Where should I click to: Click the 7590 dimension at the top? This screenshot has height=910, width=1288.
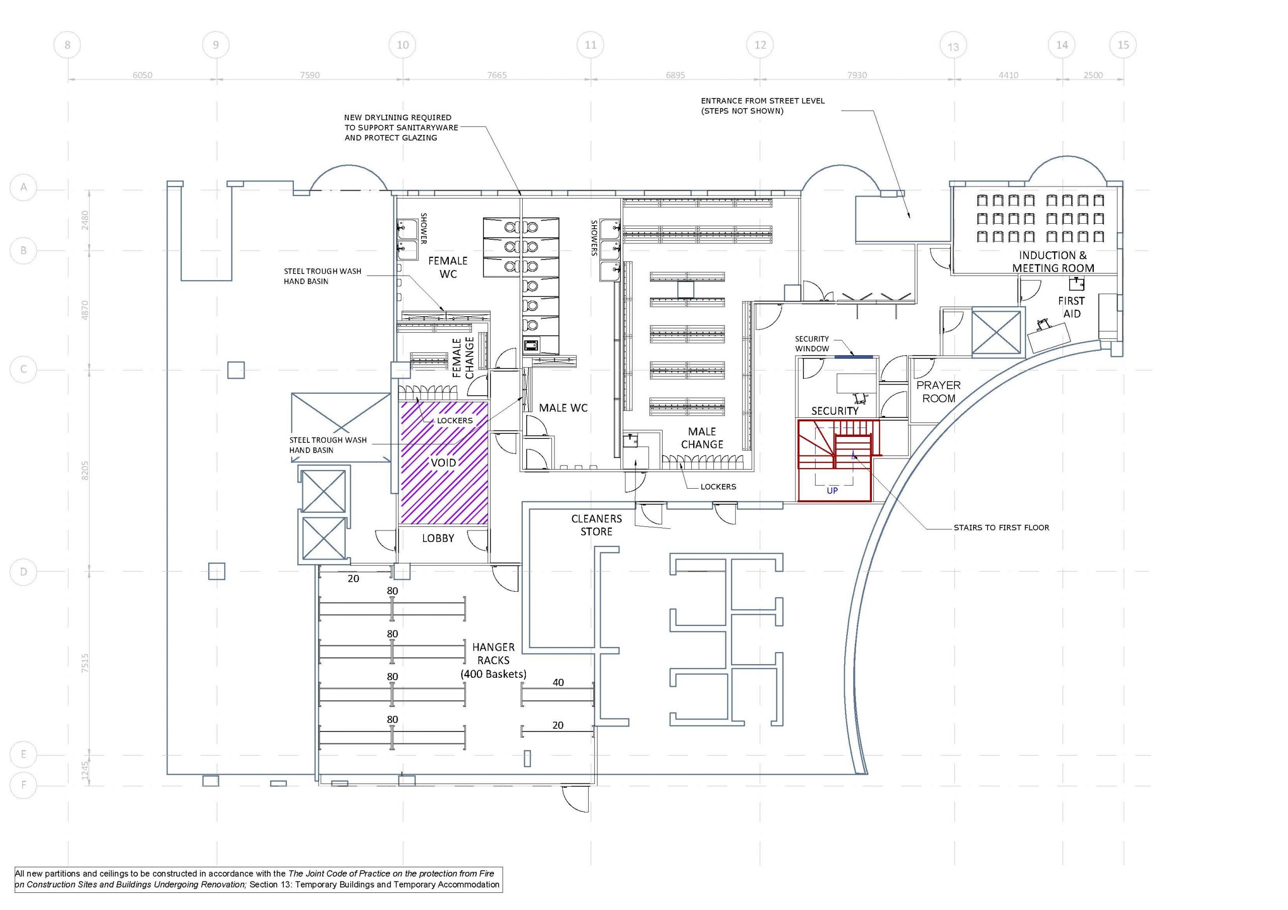tap(309, 75)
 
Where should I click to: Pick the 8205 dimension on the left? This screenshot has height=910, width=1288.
tap(85, 471)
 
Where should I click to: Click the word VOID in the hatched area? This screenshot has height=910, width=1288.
tap(443, 463)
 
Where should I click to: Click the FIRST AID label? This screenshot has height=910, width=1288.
tap(1072, 307)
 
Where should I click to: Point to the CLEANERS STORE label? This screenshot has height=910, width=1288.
tap(596, 525)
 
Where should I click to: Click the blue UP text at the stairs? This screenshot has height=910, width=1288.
tap(832, 491)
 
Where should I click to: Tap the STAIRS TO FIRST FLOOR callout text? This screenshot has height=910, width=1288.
tap(1001, 527)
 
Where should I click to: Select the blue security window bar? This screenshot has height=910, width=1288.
tap(854, 356)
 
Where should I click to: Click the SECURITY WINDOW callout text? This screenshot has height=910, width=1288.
tap(812, 344)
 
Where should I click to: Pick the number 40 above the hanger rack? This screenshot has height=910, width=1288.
tap(558, 682)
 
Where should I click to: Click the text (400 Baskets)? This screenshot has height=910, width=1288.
tap(494, 674)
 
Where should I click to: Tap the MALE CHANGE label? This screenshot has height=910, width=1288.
tap(702, 438)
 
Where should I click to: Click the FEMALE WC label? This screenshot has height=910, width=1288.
tap(448, 267)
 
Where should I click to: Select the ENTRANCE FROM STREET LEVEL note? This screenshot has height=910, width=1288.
tap(763, 106)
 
